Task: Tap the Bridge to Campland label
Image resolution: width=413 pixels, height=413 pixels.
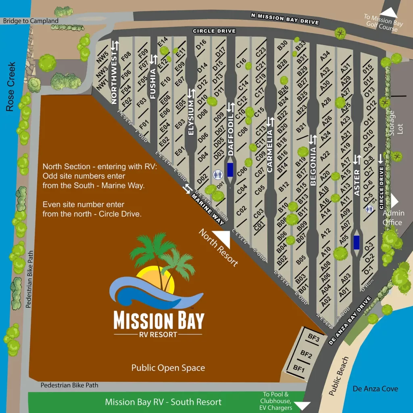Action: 31,21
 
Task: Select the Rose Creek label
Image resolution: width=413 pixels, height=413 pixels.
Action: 11,87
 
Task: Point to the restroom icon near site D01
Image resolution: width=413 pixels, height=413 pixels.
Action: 217,175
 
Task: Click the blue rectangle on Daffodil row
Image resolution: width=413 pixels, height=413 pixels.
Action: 230,170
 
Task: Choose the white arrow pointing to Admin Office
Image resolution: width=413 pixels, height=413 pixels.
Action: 394,201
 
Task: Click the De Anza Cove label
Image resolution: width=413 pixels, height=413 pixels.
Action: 375,389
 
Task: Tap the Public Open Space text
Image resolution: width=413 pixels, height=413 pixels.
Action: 168,368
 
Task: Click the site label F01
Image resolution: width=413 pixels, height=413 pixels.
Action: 144,122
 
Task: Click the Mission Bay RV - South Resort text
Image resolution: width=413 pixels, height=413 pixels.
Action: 163,402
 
